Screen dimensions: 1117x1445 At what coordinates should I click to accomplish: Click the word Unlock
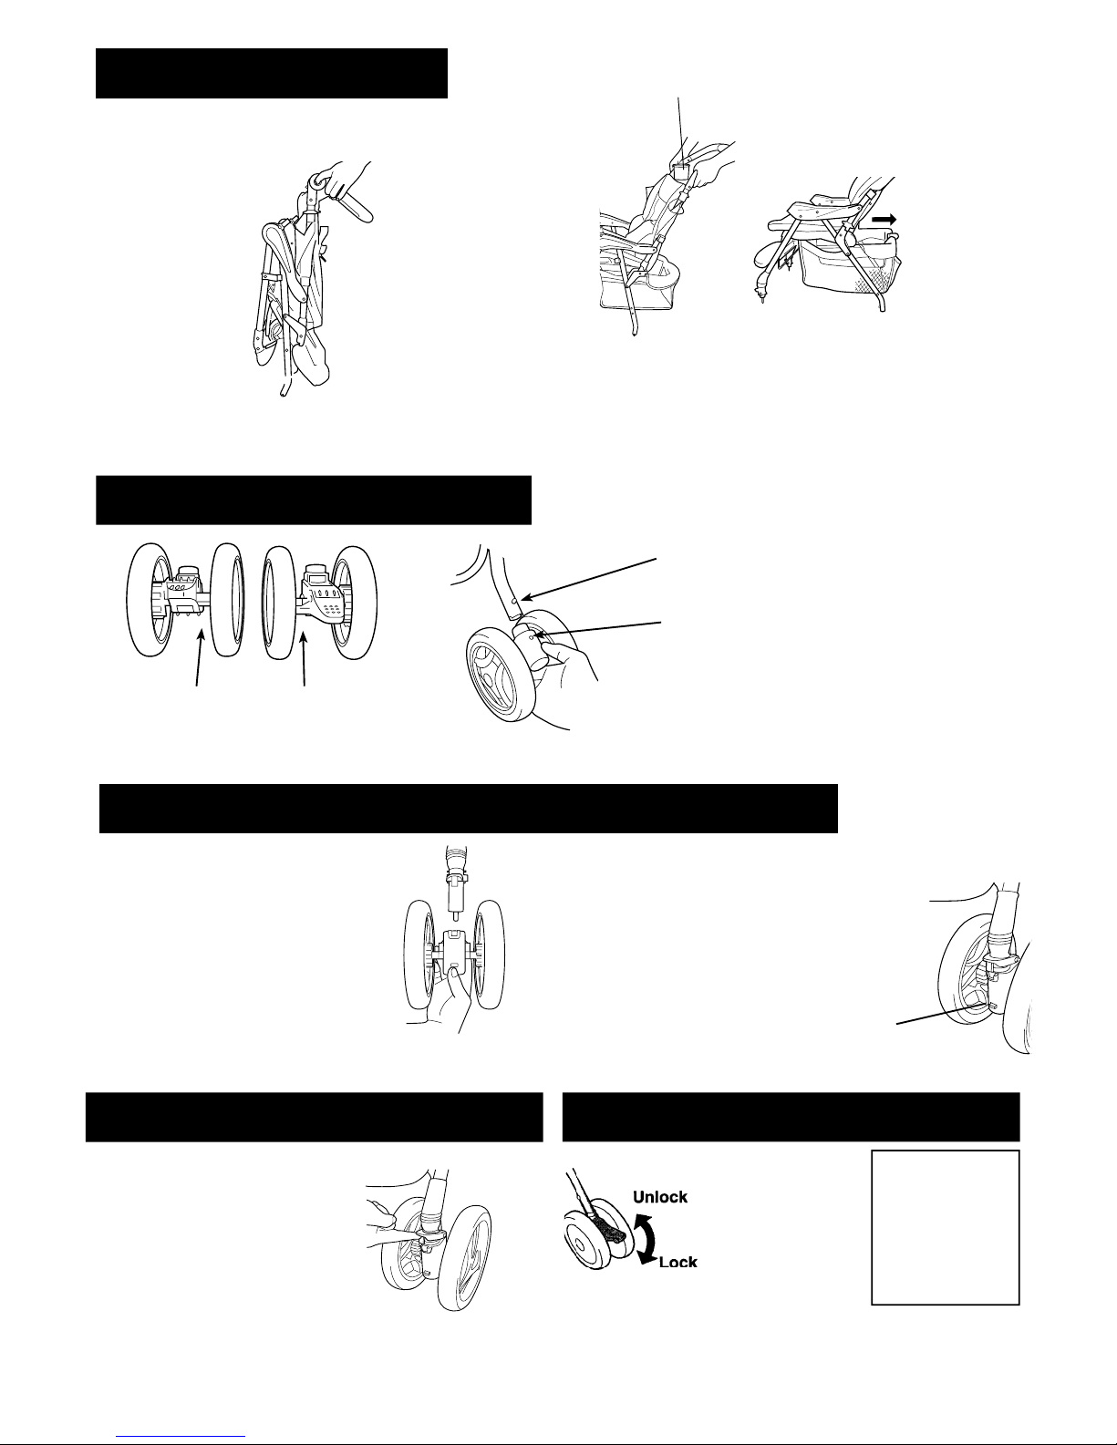click(x=659, y=1197)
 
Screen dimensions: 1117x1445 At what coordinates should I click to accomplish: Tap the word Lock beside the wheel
click(x=677, y=1262)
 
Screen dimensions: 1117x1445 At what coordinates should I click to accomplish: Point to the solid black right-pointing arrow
click(x=884, y=220)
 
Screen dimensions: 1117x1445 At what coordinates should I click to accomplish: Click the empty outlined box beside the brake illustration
click(x=945, y=1227)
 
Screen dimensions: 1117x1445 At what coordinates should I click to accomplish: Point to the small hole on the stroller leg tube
click(x=514, y=600)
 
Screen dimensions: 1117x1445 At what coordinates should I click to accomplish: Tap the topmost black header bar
click(x=272, y=73)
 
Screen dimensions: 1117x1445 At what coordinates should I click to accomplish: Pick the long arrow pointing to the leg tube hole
click(x=588, y=579)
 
